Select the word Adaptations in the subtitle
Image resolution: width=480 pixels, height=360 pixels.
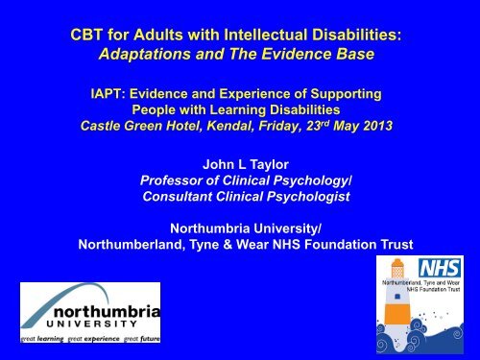(x=157, y=56)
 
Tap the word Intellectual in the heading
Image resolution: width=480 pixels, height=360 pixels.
(x=272, y=36)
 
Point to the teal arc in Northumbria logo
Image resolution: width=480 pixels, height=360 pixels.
(x=43, y=307)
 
